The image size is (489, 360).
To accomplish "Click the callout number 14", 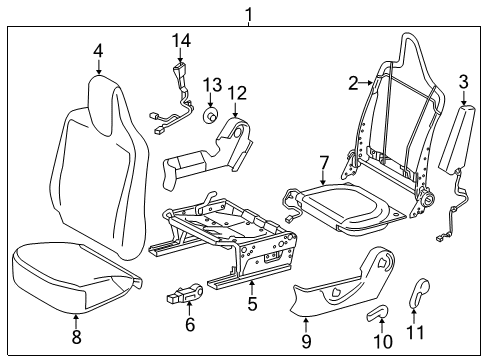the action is tap(181, 41).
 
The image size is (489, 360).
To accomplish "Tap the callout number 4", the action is tap(98, 51).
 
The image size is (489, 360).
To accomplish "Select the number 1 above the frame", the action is tap(249, 14).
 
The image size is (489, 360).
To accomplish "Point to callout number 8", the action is tap(77, 337).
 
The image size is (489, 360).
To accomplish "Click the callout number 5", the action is tap(252, 304).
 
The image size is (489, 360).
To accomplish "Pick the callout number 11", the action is tap(415, 332).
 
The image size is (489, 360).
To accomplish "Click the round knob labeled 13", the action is tap(210, 117).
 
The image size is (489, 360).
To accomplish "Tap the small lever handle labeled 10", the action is tap(377, 313).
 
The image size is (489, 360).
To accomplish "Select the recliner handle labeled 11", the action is tap(419, 292).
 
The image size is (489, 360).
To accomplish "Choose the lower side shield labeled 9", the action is tap(343, 283).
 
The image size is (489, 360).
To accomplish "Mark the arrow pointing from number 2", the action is tap(366, 82).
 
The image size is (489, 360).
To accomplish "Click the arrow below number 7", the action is tap(323, 177).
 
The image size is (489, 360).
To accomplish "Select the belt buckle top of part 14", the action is tap(180, 69).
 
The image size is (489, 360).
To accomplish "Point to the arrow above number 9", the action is tap(306, 324).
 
